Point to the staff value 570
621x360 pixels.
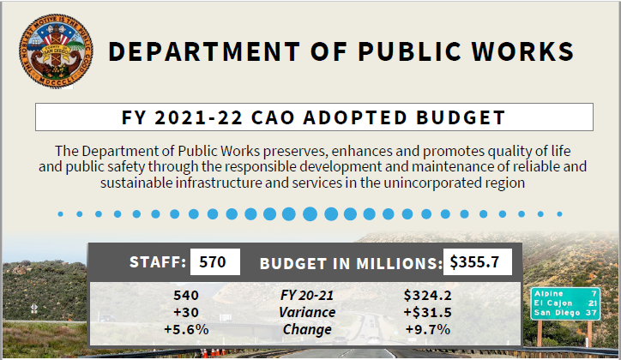(212, 262)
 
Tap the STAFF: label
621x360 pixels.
(157, 263)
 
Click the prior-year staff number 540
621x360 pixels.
(186, 295)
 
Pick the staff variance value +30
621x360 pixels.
(186, 312)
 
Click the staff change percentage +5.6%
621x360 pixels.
(186, 329)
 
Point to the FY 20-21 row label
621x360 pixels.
(307, 295)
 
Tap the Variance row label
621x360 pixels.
(307, 312)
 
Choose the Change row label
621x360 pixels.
(307, 329)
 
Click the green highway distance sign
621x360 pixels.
(564, 303)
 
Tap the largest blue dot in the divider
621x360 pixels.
(310, 213)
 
